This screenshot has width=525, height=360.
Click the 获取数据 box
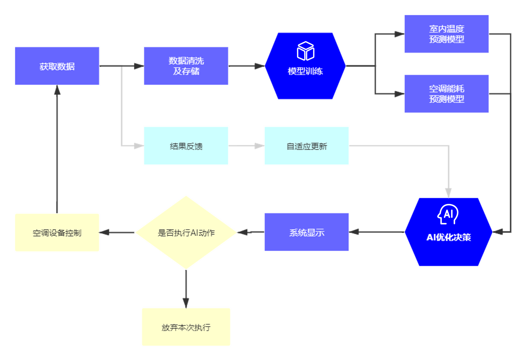click(57, 66)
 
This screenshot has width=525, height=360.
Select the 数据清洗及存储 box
click(186, 66)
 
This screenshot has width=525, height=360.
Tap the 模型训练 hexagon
click(305, 71)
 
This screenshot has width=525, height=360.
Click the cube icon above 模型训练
click(305, 51)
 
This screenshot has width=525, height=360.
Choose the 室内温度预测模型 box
click(447, 34)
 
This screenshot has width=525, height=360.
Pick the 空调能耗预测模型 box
click(447, 94)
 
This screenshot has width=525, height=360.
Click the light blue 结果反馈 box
click(186, 146)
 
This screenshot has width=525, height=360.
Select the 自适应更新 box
click(307, 146)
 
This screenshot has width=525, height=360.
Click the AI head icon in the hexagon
click(448, 214)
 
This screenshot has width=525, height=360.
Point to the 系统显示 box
click(307, 232)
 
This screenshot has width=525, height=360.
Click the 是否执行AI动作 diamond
click(186, 233)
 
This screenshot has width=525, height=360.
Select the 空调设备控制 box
click(57, 233)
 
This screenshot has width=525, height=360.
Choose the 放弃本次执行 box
click(186, 327)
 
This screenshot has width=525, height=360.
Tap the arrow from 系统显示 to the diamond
click(251, 232)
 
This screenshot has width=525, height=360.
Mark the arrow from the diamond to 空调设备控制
click(117, 233)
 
